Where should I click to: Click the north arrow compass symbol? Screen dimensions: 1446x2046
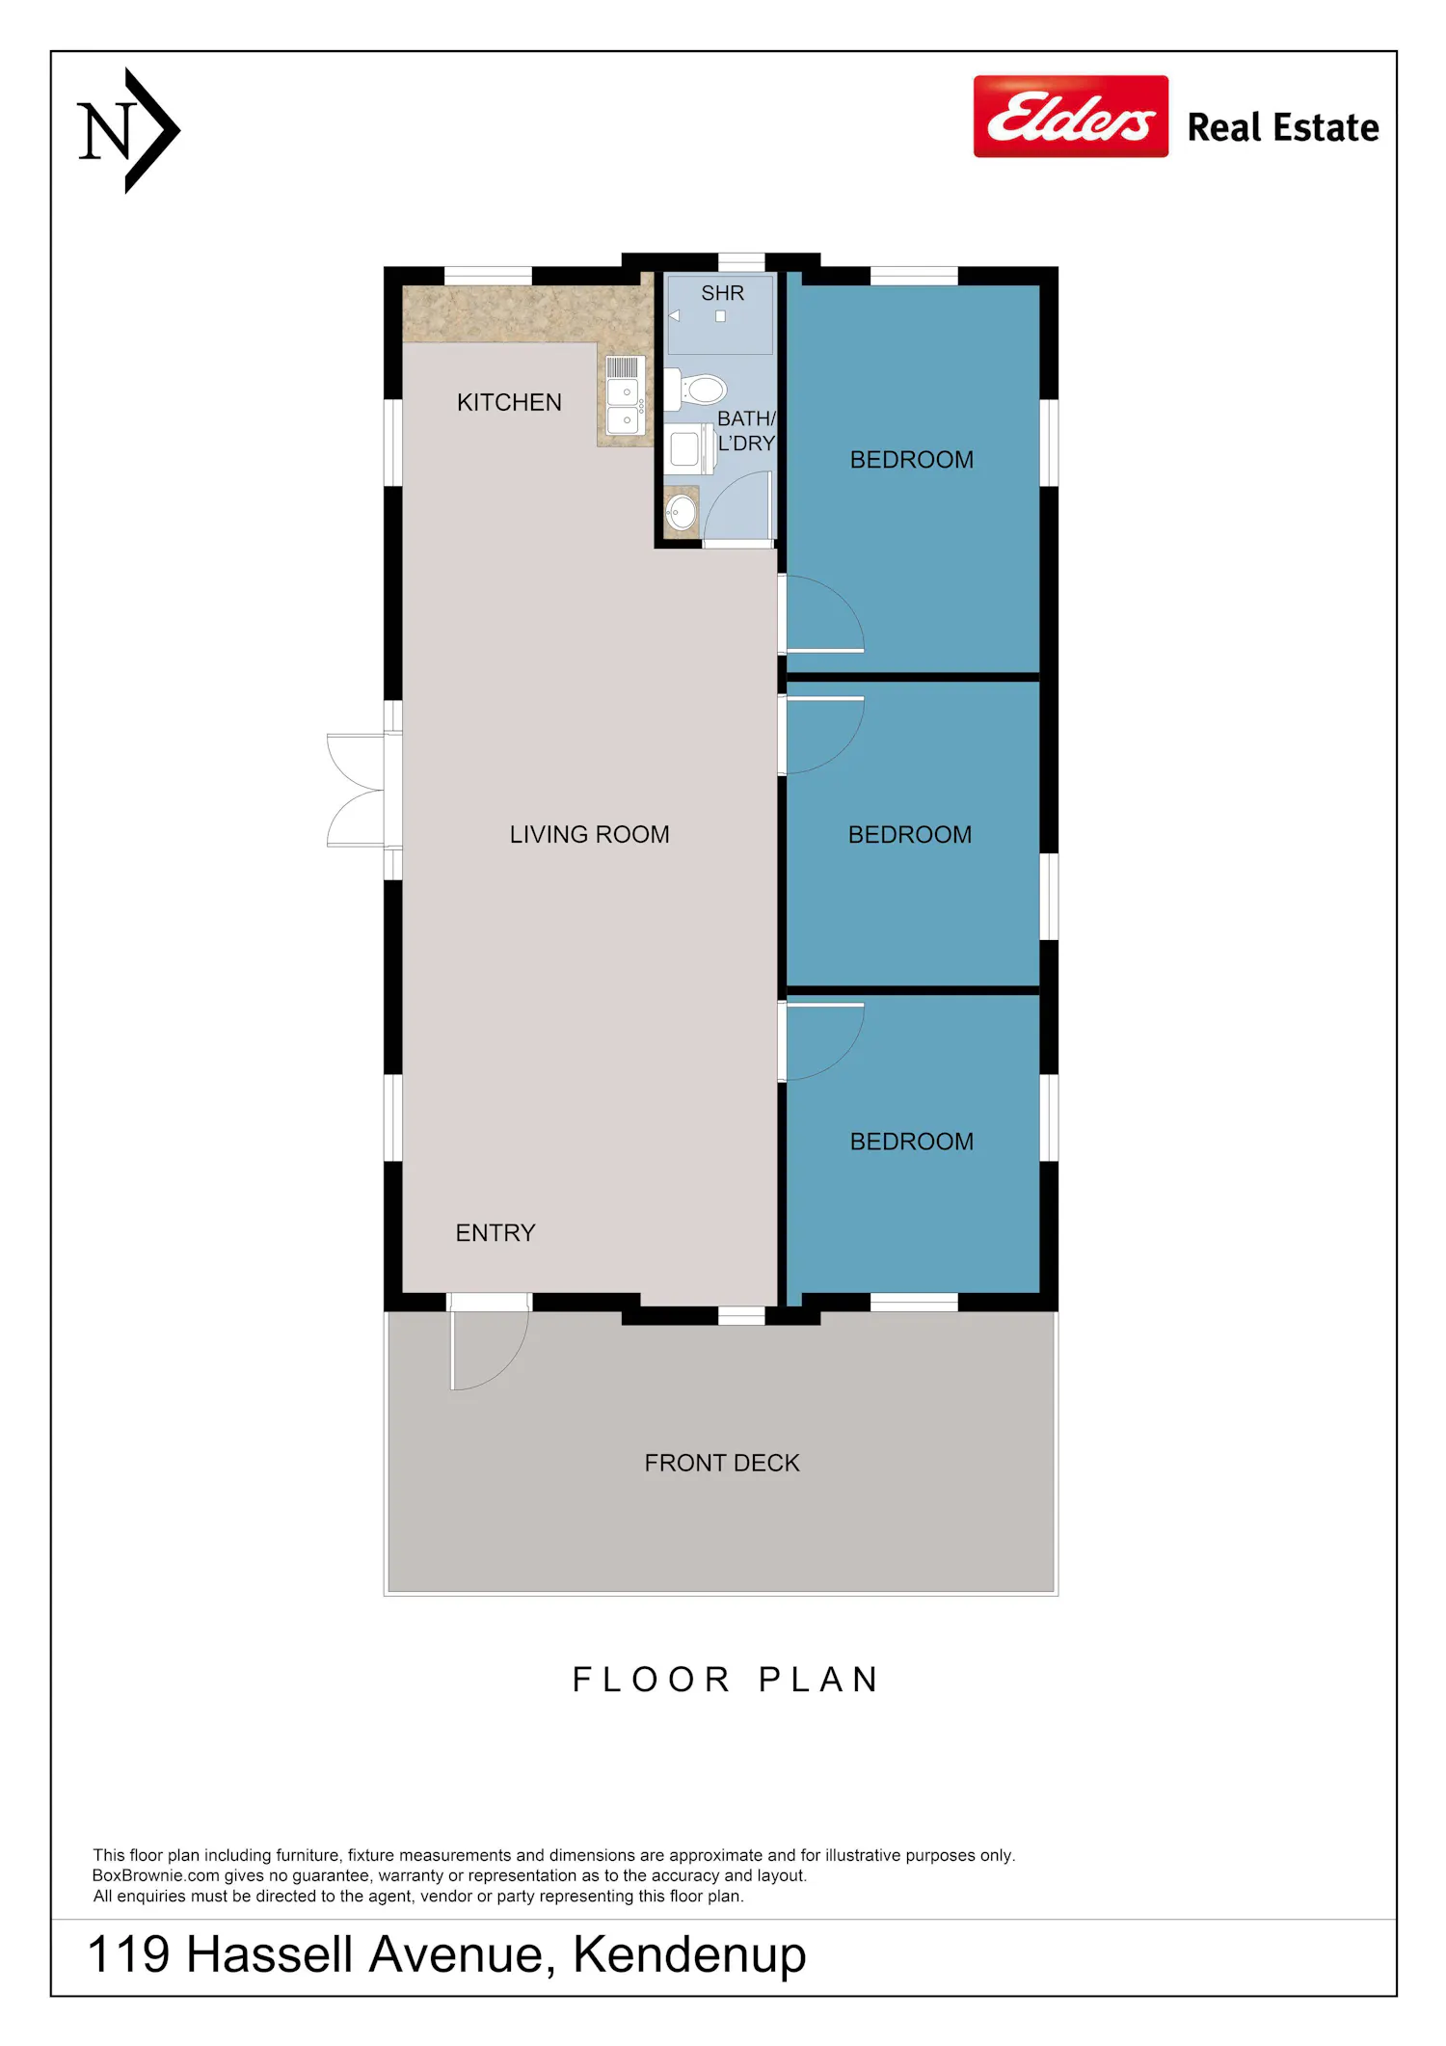[x=129, y=130]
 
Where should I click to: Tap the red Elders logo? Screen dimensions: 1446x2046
[x=1071, y=117]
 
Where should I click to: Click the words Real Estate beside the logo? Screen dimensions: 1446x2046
[x=1283, y=127]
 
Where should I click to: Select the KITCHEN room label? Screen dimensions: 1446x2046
[x=509, y=402]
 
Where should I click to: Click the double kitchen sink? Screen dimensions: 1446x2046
[x=625, y=395]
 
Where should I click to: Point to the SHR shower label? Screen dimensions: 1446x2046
[x=722, y=293]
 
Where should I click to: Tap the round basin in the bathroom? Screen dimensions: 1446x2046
[x=682, y=511]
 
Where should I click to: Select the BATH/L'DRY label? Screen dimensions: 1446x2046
[x=746, y=431]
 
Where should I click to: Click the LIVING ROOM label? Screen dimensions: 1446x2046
[x=589, y=834]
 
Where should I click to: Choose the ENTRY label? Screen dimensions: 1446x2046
[x=495, y=1232]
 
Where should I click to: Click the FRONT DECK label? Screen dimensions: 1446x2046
[x=722, y=1463]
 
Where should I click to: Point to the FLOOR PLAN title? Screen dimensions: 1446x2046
[x=725, y=1680]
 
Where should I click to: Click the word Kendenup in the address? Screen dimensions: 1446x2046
[x=689, y=1955]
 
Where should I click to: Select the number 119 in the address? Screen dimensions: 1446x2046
[x=128, y=1955]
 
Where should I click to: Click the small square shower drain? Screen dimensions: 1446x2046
[x=720, y=316]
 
